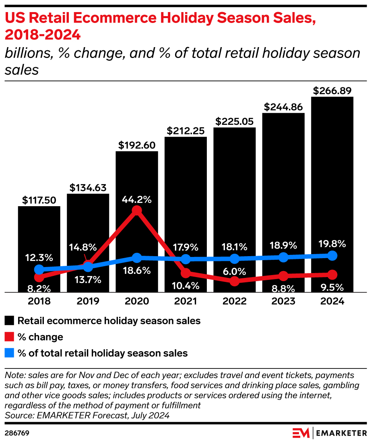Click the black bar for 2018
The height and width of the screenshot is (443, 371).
coord(39,234)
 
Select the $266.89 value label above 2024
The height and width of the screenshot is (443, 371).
coord(332,91)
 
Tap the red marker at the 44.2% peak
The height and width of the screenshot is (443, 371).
coord(137,211)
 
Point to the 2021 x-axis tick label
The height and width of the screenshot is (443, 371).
coord(185,301)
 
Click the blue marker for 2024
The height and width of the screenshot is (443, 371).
coord(332,255)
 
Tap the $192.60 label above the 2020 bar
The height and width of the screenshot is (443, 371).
coord(137,145)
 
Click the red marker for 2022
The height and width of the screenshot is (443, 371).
coord(235,281)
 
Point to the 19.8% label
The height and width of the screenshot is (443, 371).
coord(332,244)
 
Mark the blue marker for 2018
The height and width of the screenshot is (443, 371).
coord(39,270)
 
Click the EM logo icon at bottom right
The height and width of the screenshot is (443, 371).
coord(301,433)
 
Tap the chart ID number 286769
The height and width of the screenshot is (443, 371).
coord(17,433)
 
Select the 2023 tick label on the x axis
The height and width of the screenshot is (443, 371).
coord(283,301)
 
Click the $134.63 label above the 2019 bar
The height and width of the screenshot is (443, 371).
coord(88,188)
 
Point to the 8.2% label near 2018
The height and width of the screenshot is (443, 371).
coord(39,288)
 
